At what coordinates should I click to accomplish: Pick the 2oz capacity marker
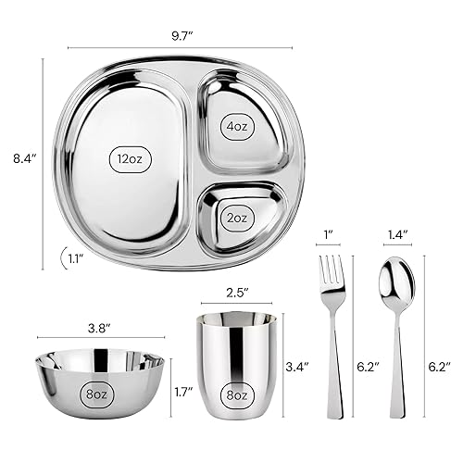click(237, 219)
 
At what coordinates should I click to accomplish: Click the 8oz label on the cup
click(235, 395)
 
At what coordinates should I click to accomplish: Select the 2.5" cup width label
click(236, 294)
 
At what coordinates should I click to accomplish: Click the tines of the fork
click(331, 270)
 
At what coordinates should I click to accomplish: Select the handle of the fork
click(333, 370)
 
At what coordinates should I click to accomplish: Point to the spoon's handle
click(397, 370)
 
